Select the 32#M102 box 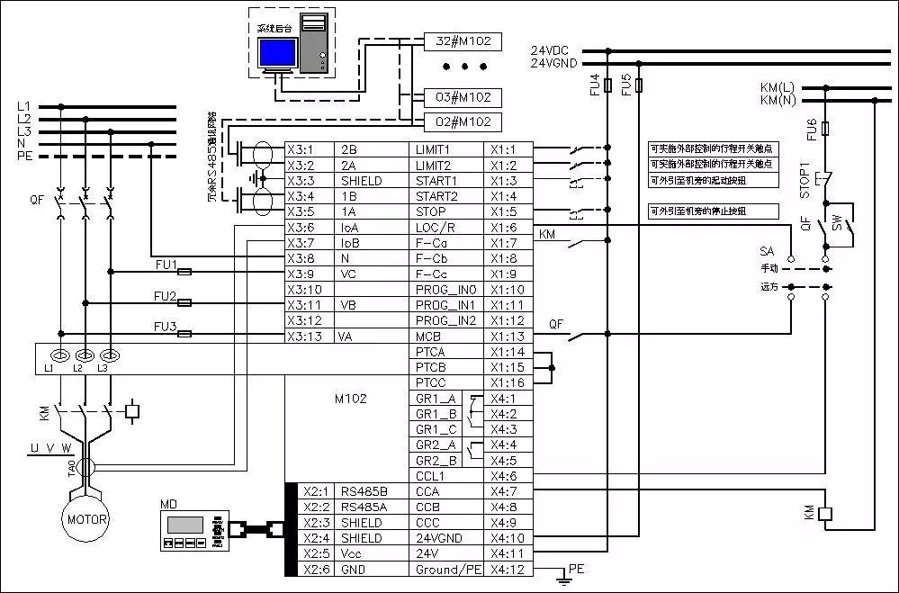[x=463, y=41]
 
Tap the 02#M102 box [x=463, y=121]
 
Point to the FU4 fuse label [x=595, y=85]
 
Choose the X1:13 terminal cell [x=509, y=337]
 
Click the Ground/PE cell [x=447, y=569]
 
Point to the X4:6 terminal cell [x=509, y=475]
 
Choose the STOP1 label [x=805, y=179]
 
